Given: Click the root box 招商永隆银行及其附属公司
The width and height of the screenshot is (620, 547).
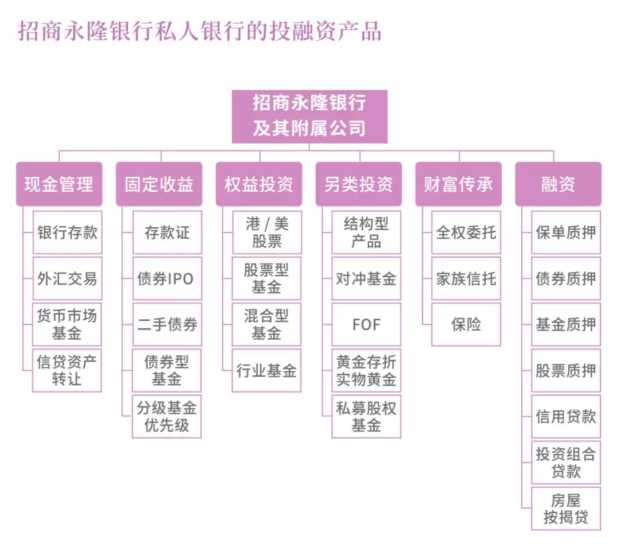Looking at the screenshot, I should coord(309,117).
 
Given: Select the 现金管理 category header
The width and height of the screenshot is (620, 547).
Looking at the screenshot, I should coord(59,184).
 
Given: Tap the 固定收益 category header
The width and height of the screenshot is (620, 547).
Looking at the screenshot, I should coord(159,184).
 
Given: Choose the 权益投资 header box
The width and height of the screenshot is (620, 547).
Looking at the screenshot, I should coord(259,184).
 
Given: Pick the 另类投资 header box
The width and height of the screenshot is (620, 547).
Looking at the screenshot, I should coord(359,184).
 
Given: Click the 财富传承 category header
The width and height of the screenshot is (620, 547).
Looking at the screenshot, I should coord(458,184).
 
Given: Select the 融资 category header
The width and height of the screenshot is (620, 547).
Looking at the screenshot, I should coord(558,184).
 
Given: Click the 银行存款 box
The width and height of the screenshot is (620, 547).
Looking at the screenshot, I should coord(67,232).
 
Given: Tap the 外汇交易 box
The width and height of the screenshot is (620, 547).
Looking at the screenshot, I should coord(67,279).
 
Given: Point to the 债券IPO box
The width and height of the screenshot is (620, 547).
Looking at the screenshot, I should coord(167,279).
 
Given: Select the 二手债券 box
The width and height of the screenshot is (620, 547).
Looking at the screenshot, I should coord(167,325).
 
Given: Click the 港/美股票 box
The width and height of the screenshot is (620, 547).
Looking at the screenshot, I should coord(267,232).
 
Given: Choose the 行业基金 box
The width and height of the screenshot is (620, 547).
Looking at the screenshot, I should coord(267,371).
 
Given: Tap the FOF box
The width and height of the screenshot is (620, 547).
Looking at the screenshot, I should coord(366,325).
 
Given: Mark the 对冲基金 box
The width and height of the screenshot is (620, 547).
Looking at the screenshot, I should coord(366,279).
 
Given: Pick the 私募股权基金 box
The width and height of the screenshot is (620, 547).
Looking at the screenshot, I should coord(366,417).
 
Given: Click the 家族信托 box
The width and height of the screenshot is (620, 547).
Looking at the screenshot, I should coord(466,279).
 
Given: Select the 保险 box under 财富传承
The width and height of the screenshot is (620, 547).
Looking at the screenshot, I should coord(466,325).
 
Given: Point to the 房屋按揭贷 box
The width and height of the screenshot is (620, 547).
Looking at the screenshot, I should coord(566,509).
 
